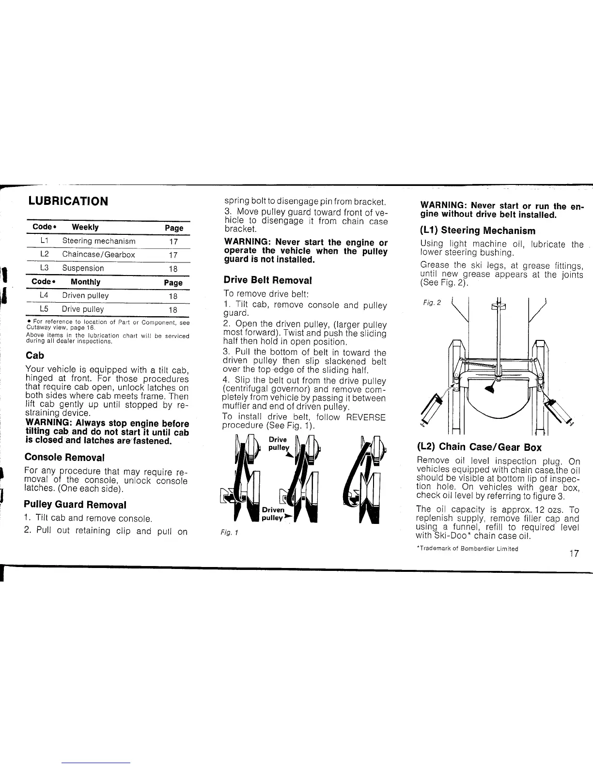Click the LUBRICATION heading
68,201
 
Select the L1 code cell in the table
44,241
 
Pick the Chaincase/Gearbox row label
98,254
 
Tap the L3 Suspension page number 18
173,269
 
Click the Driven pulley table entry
85,295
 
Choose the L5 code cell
44,309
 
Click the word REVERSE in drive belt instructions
366,417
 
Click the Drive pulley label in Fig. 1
278,444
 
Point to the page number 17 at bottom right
574,553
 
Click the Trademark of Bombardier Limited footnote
467,549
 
